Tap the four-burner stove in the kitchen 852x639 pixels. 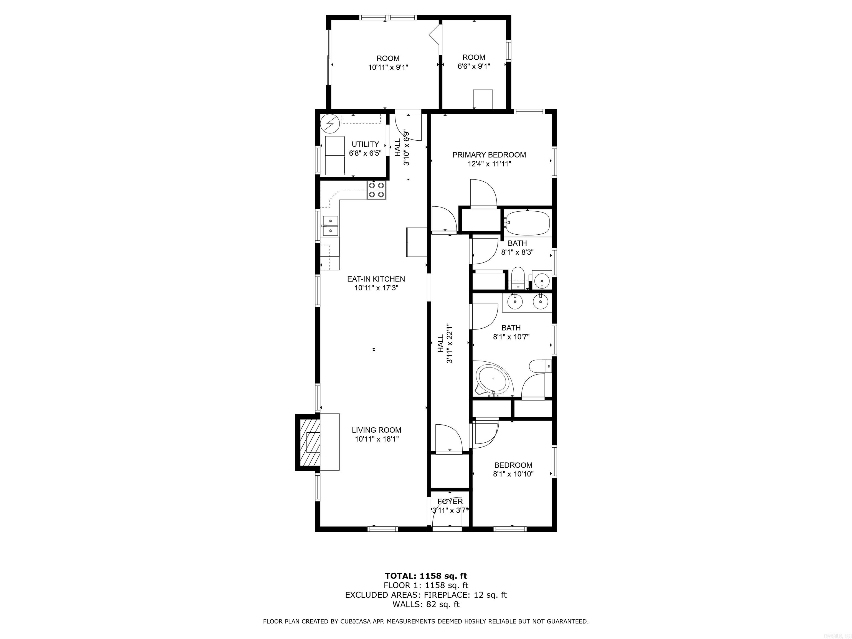click(x=107, y=190)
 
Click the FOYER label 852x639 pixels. click(x=450, y=501)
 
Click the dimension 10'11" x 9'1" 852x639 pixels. click(x=388, y=67)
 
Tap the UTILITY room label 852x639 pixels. click(x=365, y=144)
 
